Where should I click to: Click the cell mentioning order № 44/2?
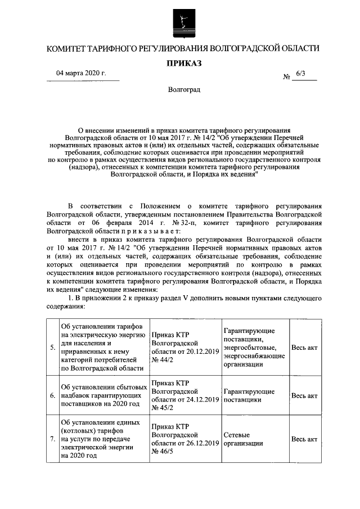click(x=185, y=347)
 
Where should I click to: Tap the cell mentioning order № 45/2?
click(x=185, y=395)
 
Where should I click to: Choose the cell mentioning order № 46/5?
click(x=185, y=439)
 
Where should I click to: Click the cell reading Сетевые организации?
click(x=255, y=439)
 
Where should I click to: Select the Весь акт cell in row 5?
click(x=304, y=348)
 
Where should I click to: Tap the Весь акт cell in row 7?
click(x=304, y=439)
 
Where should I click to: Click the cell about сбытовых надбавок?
click(x=103, y=395)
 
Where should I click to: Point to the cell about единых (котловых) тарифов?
click(x=103, y=439)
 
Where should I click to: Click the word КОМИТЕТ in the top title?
click(x=66, y=48)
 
